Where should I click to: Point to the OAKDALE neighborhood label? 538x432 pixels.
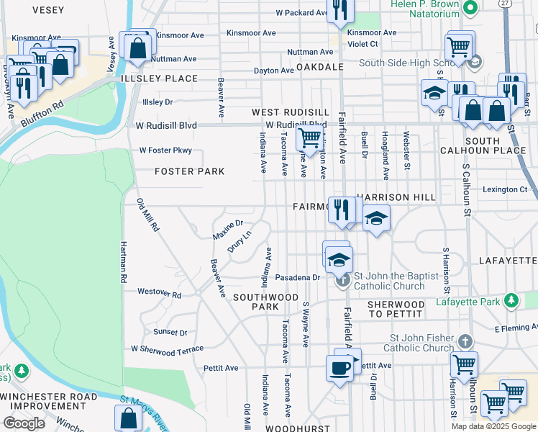(318, 66)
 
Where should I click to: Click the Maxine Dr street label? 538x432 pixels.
(228, 230)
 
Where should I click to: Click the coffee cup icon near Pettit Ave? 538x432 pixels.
(339, 367)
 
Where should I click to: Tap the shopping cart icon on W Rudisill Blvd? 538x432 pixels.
(309, 136)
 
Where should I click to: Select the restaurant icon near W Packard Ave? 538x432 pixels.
(339, 9)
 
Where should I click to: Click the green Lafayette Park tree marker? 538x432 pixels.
(511, 300)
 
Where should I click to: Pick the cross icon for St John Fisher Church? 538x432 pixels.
(465, 340)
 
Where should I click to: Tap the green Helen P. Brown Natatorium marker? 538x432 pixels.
(470, 8)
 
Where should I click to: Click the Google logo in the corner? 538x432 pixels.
(24, 423)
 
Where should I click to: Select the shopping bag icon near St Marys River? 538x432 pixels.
(128, 417)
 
